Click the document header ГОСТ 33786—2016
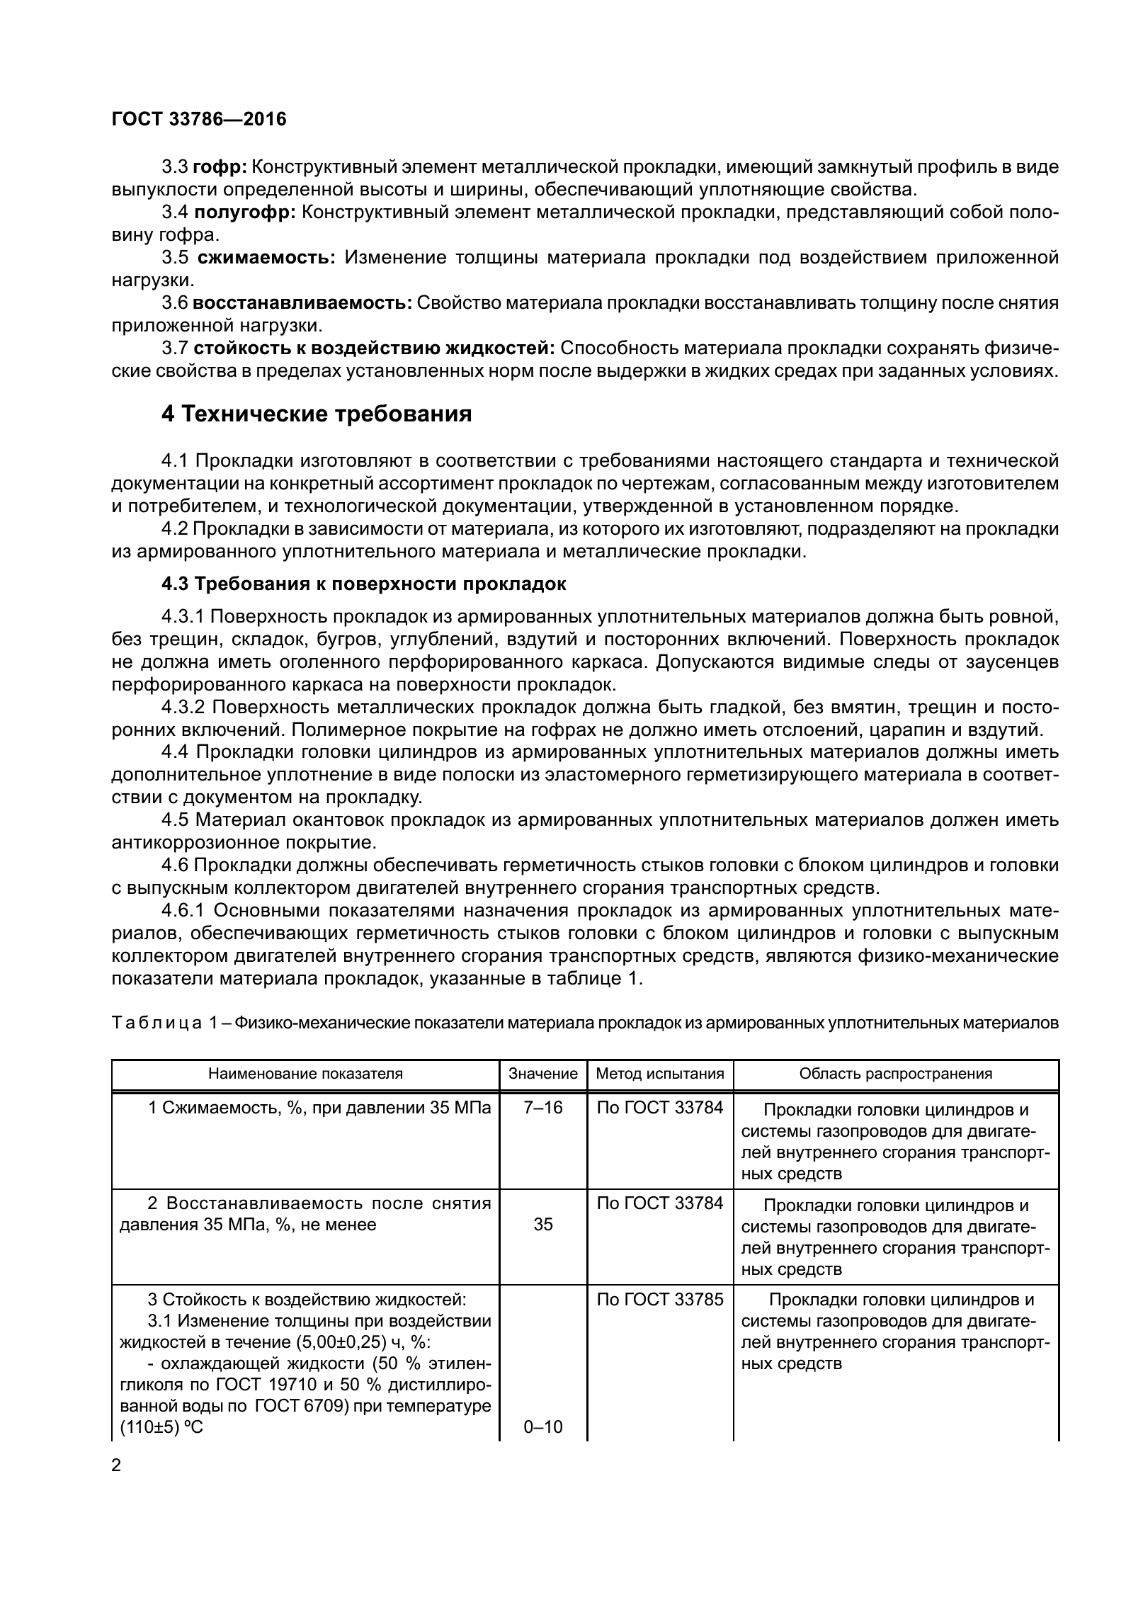coord(199,119)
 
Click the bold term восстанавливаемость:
coord(302,303)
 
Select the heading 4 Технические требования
coord(317,414)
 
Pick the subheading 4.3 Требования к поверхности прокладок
coord(364,584)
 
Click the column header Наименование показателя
coord(305,1074)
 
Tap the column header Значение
coord(543,1074)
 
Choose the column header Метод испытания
coord(660,1074)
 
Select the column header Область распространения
coord(896,1074)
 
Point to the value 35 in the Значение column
coord(543,1225)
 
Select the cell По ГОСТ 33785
coord(660,1300)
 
